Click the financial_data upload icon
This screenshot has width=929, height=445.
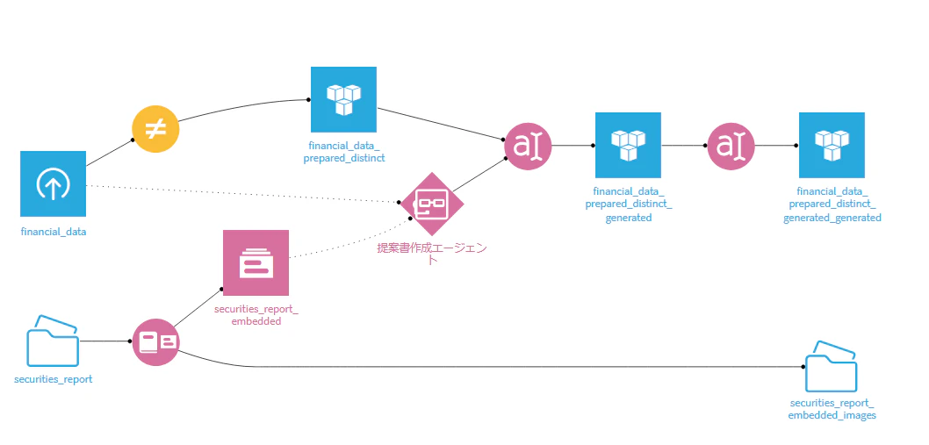coord(53,183)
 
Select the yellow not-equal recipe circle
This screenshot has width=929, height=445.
coord(155,129)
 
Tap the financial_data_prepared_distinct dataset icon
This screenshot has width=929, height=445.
coord(343,99)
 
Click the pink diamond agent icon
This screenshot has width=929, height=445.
coord(431,204)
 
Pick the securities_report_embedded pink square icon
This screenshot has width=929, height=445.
coord(256,262)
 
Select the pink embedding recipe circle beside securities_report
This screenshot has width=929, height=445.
coord(155,342)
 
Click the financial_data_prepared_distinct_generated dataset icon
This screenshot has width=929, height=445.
coord(628,145)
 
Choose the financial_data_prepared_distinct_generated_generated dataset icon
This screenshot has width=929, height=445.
coord(832,145)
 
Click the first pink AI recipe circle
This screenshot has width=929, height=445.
coord(528,145)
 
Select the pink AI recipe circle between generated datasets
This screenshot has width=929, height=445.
coord(731,145)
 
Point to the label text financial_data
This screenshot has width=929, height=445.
coord(54,232)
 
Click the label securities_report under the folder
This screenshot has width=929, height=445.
coord(54,379)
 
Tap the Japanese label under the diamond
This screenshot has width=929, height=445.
coord(432,254)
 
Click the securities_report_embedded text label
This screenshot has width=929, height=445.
coord(256,315)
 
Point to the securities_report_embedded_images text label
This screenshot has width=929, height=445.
coord(832,409)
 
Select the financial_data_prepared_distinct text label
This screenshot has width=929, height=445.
coord(347,151)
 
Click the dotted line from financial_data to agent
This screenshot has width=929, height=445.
coord(243,194)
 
